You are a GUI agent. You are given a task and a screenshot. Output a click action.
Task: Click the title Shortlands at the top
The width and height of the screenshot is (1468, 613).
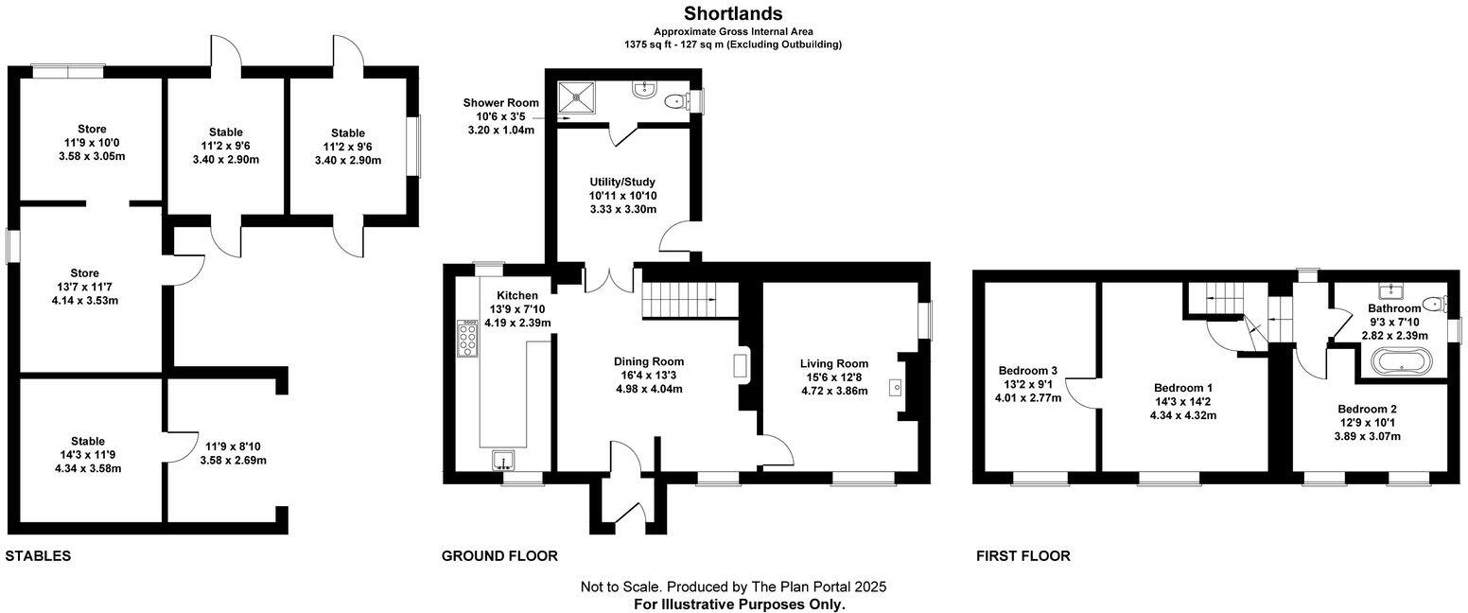click(733, 13)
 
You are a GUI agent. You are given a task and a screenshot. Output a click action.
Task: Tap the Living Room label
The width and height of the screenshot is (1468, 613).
click(833, 364)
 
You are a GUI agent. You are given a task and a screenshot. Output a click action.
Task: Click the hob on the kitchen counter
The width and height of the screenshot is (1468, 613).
click(467, 339)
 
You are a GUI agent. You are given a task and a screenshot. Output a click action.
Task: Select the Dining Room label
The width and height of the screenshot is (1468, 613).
click(648, 361)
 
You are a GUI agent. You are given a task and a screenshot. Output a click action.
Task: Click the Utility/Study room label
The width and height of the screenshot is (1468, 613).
click(621, 182)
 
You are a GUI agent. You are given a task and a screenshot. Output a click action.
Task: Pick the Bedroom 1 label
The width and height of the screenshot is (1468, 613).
click(1182, 388)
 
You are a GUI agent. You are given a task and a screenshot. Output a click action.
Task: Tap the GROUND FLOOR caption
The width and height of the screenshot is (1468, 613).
click(499, 556)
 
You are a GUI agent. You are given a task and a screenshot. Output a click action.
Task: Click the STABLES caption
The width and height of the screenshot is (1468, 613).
click(38, 556)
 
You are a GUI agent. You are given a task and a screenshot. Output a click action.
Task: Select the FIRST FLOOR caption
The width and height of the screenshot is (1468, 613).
click(1022, 556)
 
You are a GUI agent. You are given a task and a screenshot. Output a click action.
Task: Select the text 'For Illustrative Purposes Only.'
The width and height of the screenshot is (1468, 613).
click(739, 604)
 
